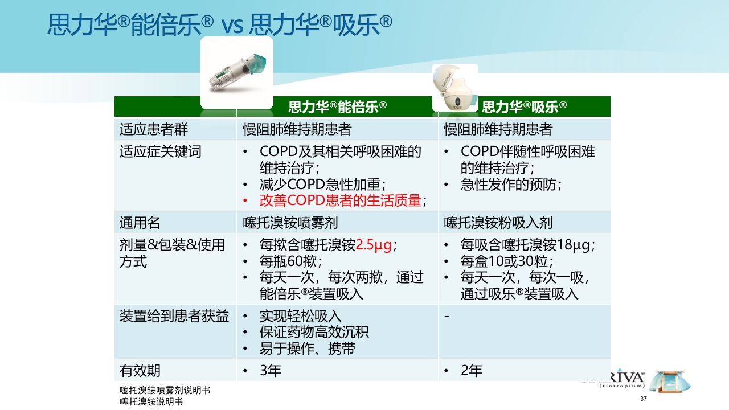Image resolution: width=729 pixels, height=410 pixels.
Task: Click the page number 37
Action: tap(644, 398)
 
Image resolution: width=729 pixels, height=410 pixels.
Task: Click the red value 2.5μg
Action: tap(374, 245)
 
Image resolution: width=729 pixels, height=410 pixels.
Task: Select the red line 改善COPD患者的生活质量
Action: tap(340, 200)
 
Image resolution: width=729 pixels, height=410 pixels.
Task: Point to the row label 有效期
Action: tap(140, 371)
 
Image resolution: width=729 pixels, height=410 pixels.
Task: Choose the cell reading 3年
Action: tap(271, 371)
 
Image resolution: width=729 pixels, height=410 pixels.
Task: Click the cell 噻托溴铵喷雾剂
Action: tap(294, 222)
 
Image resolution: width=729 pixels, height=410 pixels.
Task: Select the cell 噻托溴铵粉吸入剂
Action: tap(498, 222)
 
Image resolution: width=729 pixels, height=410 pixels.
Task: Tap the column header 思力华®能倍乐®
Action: tap(338, 106)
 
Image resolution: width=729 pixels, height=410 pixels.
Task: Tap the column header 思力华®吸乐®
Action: tap(524, 106)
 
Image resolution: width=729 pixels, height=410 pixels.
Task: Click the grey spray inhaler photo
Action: tap(237, 72)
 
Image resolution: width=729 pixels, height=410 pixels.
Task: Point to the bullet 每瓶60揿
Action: tap(290, 261)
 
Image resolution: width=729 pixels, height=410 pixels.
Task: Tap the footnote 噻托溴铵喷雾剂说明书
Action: tap(165, 391)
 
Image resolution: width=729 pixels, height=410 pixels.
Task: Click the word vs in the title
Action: tap(232, 25)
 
